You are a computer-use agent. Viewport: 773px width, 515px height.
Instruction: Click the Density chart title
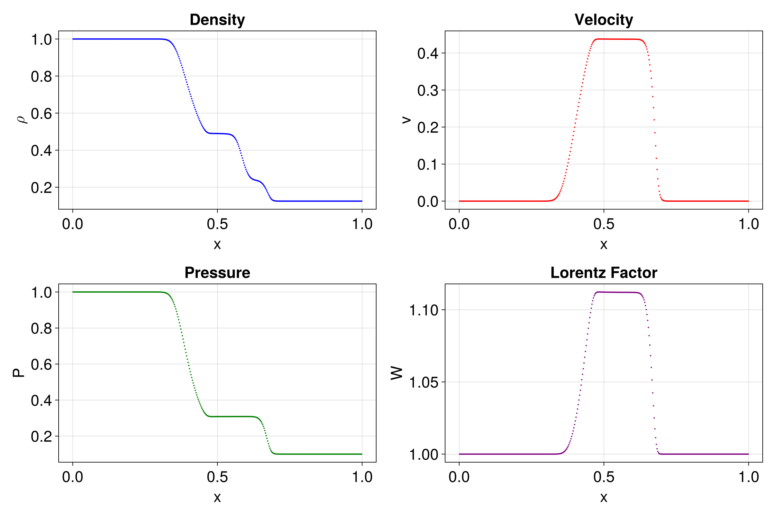click(x=217, y=20)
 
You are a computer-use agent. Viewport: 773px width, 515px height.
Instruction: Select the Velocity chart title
click(x=604, y=20)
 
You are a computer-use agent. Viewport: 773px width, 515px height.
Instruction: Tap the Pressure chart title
click(x=217, y=273)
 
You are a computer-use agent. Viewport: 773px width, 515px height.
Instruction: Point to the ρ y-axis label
click(x=22, y=119)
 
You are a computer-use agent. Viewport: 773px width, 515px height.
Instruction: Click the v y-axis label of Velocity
click(x=406, y=119)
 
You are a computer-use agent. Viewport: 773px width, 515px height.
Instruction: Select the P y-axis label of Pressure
click(x=19, y=373)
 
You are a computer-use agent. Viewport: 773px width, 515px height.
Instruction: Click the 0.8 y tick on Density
click(x=42, y=77)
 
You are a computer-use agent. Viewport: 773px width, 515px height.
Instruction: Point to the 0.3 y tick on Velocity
click(x=428, y=90)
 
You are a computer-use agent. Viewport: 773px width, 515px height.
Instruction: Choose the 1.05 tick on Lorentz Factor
click(x=424, y=383)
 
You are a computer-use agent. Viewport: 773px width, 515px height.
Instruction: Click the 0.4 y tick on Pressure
click(x=42, y=400)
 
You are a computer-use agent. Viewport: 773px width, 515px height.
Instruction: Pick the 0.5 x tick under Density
click(x=217, y=224)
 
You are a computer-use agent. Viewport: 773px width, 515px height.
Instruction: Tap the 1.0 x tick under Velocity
click(x=749, y=224)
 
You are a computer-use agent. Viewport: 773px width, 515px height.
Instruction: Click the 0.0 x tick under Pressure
click(x=73, y=477)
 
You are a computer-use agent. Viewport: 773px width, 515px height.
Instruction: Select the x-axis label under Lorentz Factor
click(x=604, y=497)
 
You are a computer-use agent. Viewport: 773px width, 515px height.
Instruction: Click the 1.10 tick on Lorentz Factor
click(x=424, y=310)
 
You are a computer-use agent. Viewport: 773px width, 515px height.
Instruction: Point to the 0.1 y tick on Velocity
click(x=428, y=164)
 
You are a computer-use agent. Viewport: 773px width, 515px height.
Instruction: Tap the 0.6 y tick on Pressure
click(x=42, y=365)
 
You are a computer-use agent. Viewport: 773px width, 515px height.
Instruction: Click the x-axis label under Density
click(x=217, y=244)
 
